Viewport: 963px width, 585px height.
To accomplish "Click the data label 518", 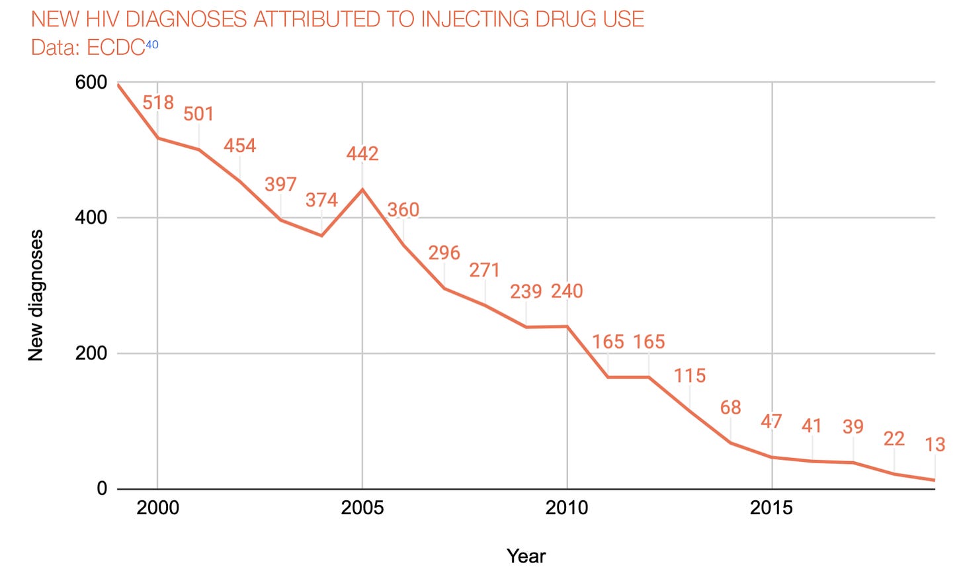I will (158, 103).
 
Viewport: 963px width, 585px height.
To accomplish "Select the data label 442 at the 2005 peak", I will (362, 154).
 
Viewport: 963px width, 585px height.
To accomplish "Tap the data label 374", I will (321, 200).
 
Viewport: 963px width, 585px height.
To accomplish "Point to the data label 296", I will (444, 253).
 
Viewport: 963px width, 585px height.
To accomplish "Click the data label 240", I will (567, 291).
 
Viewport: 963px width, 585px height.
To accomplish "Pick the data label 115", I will (690, 376).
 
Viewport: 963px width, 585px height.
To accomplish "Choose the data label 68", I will (730, 408).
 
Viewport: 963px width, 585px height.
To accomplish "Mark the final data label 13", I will (935, 445).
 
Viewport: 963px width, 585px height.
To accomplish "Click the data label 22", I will (894, 439).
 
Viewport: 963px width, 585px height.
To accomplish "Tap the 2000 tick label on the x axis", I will (157, 508).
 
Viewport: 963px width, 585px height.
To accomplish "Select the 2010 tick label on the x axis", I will (567, 508).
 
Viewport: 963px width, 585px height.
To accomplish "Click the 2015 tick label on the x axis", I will (771, 508).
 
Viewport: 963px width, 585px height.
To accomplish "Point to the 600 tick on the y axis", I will (91, 83).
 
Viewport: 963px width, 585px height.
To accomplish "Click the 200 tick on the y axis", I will (91, 353).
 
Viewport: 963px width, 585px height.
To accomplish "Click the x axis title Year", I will (526, 556).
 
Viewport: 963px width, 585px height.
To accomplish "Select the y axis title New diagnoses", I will (36, 295).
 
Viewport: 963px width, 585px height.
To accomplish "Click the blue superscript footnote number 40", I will (152, 45).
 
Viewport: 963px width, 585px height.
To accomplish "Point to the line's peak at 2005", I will (362, 189).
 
